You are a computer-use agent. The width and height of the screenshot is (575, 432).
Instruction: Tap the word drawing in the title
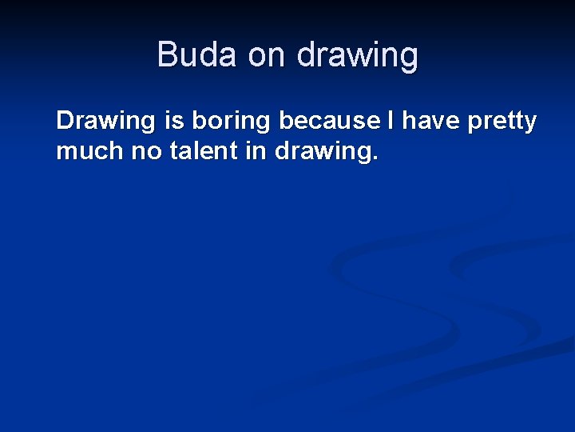coord(357,56)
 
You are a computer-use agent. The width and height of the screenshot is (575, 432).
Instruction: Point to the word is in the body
coord(173,121)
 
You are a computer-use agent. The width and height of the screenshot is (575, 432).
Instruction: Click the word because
coord(330,121)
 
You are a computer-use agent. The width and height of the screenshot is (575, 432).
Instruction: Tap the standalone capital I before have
coord(391,121)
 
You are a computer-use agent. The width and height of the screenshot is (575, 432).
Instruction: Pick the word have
coord(430,121)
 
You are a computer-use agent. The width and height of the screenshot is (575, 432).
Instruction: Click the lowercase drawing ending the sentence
coord(323,152)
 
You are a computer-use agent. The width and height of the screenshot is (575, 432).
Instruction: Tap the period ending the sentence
coord(375,158)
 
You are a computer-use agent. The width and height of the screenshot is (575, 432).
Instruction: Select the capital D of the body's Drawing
coord(65,121)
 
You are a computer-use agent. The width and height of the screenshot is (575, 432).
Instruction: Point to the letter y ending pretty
coord(529,124)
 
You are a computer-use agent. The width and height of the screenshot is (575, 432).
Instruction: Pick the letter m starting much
coord(66,151)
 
